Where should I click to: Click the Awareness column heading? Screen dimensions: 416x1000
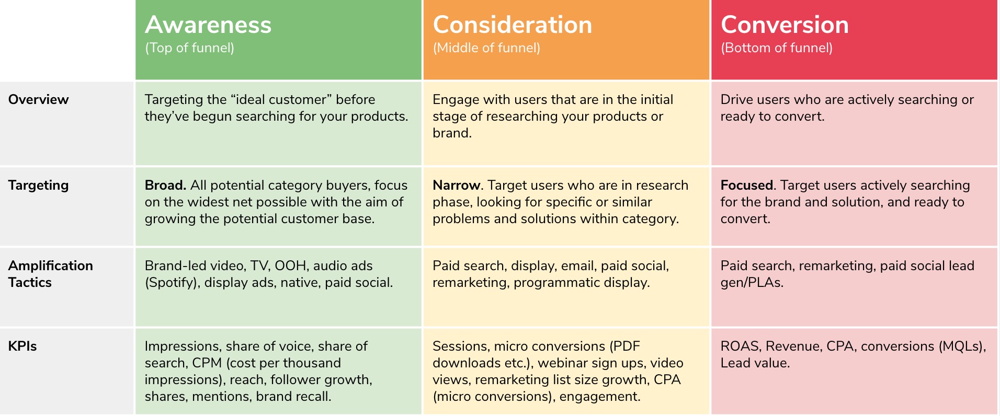(x=208, y=25)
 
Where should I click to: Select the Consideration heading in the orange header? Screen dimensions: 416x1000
(x=512, y=25)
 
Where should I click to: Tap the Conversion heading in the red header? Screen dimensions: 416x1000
(x=785, y=25)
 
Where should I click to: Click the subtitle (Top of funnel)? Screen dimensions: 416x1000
(x=189, y=48)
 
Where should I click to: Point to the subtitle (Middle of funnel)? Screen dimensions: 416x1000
(x=486, y=48)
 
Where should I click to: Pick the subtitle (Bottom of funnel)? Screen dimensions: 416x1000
(x=777, y=48)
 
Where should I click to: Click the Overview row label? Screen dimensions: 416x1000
(x=38, y=99)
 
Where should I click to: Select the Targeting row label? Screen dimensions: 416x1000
(x=38, y=185)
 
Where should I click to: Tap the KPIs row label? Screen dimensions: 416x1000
(x=22, y=346)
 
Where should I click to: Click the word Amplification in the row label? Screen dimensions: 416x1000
(x=50, y=265)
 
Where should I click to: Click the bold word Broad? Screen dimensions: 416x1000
(x=165, y=185)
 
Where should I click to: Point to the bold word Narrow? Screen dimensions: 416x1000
(x=456, y=185)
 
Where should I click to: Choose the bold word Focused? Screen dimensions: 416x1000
(x=746, y=185)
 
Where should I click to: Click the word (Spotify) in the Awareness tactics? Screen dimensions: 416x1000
(x=172, y=283)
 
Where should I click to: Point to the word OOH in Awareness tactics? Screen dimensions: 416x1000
(x=290, y=265)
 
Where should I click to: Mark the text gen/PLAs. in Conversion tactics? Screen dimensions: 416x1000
(x=752, y=283)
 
